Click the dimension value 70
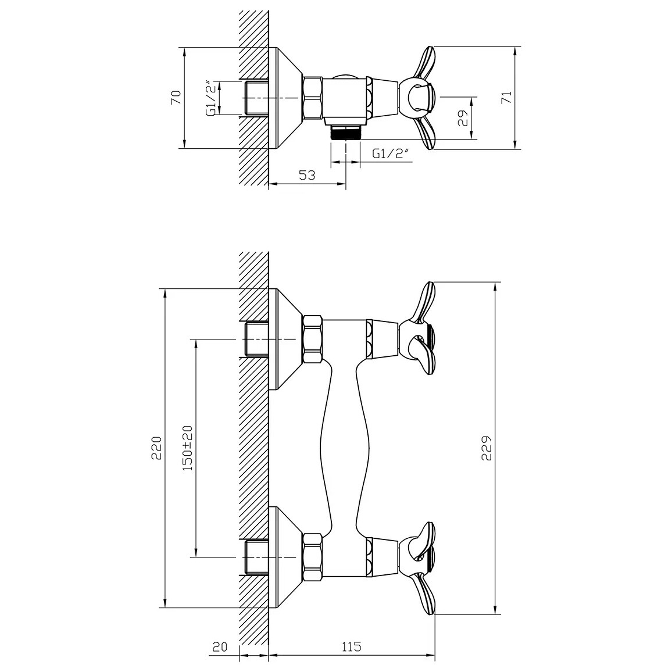coord(176,97)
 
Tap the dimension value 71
coord(506,97)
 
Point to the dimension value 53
coord(307,175)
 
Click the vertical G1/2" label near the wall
coord(211,98)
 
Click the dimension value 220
coord(156,448)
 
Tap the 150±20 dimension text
coord(187,448)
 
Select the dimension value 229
coord(486,448)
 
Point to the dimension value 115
coord(352,646)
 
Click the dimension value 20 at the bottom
coord(220,646)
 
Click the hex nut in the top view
coord(313,98)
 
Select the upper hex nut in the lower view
coord(313,340)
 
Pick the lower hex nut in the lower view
coord(313,557)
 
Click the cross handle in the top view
coord(417,98)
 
